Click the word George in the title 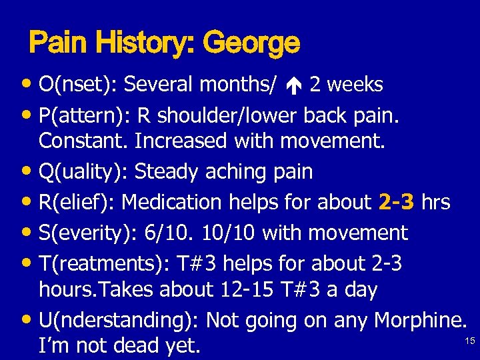251,44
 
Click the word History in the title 139,44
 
